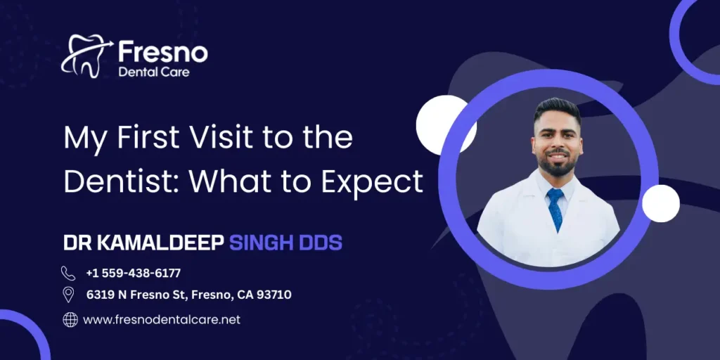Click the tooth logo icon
click(86, 55)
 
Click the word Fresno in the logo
click(162, 51)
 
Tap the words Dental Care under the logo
click(153, 71)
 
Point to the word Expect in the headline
click(373, 182)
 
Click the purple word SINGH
click(264, 243)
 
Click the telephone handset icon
click(68, 273)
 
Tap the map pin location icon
click(68, 295)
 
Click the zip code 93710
click(274, 295)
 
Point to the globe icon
click(70, 320)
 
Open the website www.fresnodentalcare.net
click(162, 319)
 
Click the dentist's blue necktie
click(555, 208)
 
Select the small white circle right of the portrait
click(661, 204)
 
